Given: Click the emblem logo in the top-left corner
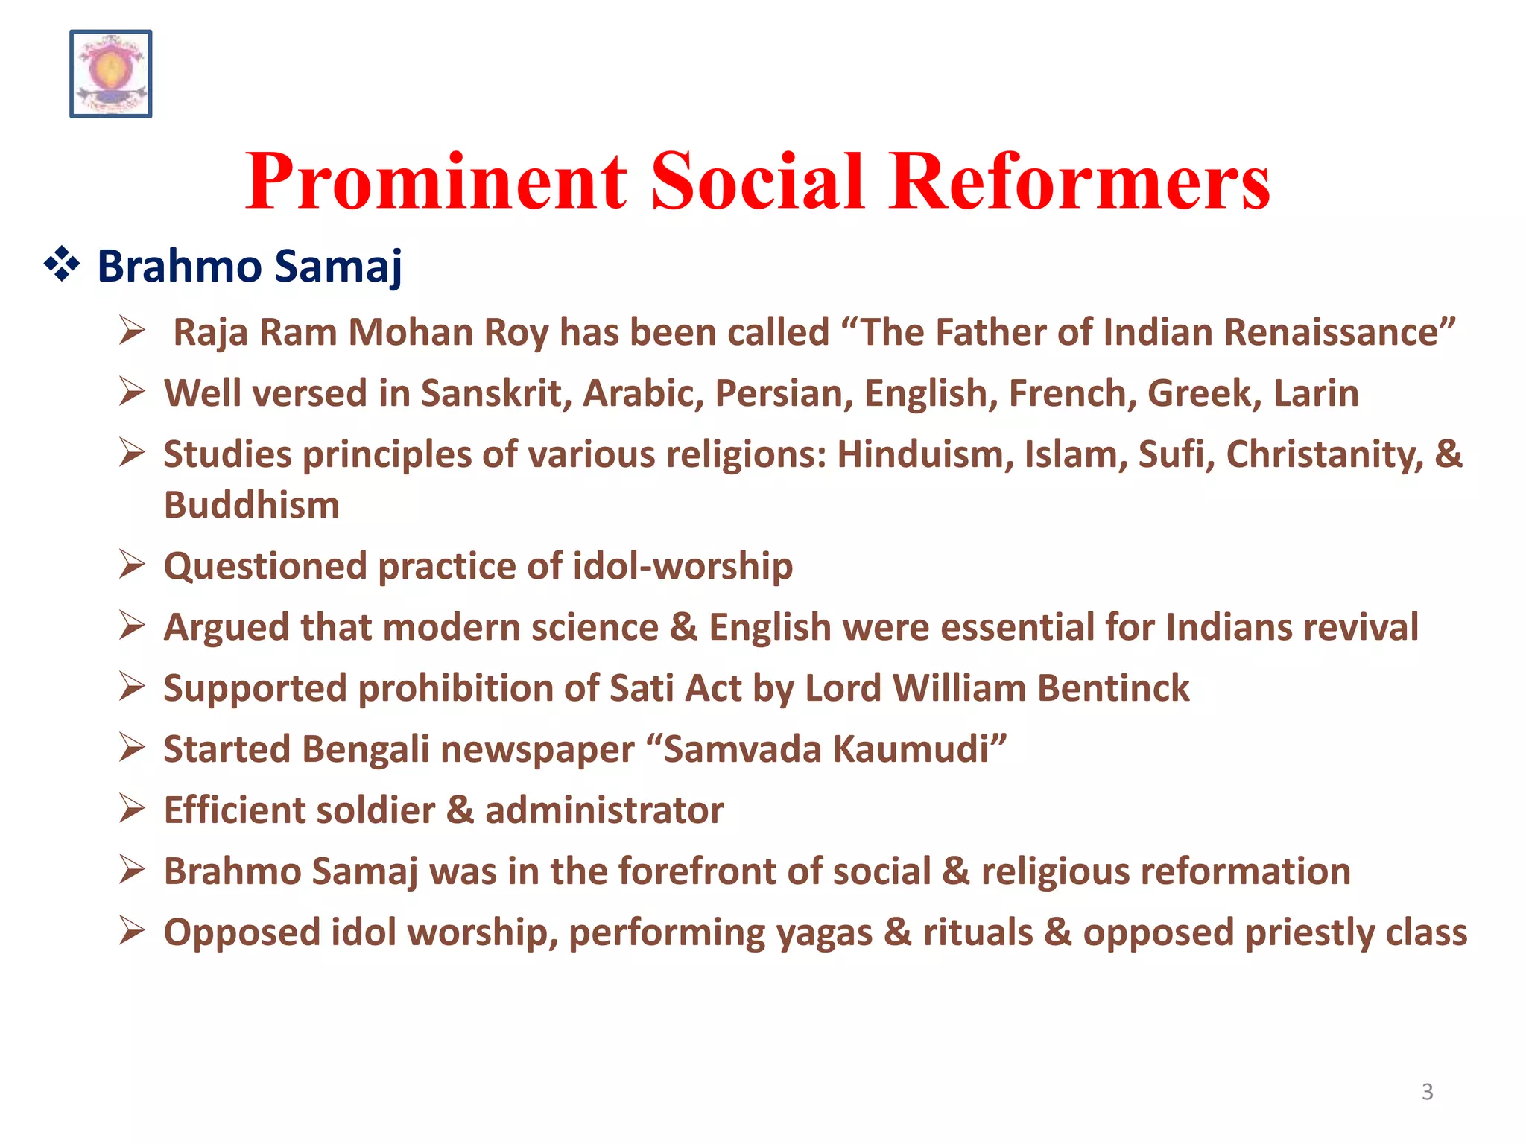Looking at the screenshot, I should tap(111, 74).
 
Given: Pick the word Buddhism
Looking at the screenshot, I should tap(252, 505).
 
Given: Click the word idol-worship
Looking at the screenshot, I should tap(683, 566).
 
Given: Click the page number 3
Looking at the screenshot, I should tap(1427, 1092).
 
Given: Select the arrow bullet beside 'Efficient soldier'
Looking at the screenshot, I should tap(132, 809).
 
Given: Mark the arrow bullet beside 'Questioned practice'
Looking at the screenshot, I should tap(132, 565).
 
